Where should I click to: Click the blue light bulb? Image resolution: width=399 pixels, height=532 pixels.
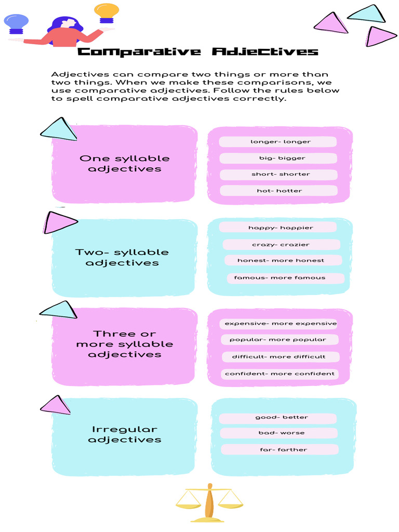tap(16, 23)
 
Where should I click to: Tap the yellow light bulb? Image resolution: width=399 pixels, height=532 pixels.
tap(107, 12)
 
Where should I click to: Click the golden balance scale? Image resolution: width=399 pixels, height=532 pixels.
tap(209, 502)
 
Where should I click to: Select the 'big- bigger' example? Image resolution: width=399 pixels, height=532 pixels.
tap(278, 158)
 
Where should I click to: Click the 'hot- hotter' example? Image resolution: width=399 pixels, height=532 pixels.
tap(279, 191)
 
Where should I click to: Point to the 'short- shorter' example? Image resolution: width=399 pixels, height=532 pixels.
tap(279, 174)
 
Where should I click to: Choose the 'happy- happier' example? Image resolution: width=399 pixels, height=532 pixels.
tap(278, 228)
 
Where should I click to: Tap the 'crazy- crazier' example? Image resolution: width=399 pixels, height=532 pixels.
tap(281, 245)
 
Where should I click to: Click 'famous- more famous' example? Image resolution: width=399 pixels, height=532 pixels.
tap(285, 278)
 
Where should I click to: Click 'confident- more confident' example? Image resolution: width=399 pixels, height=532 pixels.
tap(280, 374)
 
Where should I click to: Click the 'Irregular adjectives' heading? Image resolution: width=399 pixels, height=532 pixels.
tap(125, 434)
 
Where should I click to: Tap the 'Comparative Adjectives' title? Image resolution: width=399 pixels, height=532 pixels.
tap(197, 52)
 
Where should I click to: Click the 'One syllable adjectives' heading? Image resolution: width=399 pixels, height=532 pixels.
tap(125, 164)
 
